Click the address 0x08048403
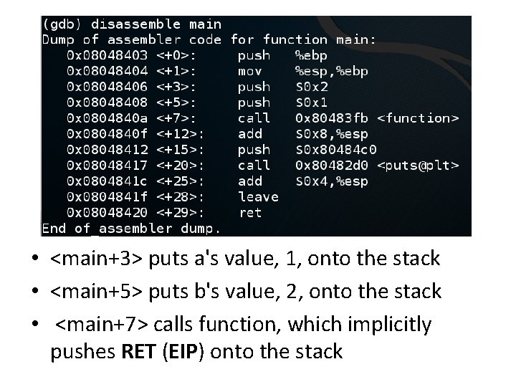107,55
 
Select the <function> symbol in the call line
417,118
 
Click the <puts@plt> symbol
417,166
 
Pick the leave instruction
258,196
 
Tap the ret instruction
250,212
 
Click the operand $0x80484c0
335,150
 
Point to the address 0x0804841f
107,196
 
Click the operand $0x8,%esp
332,134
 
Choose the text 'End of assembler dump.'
131,229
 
